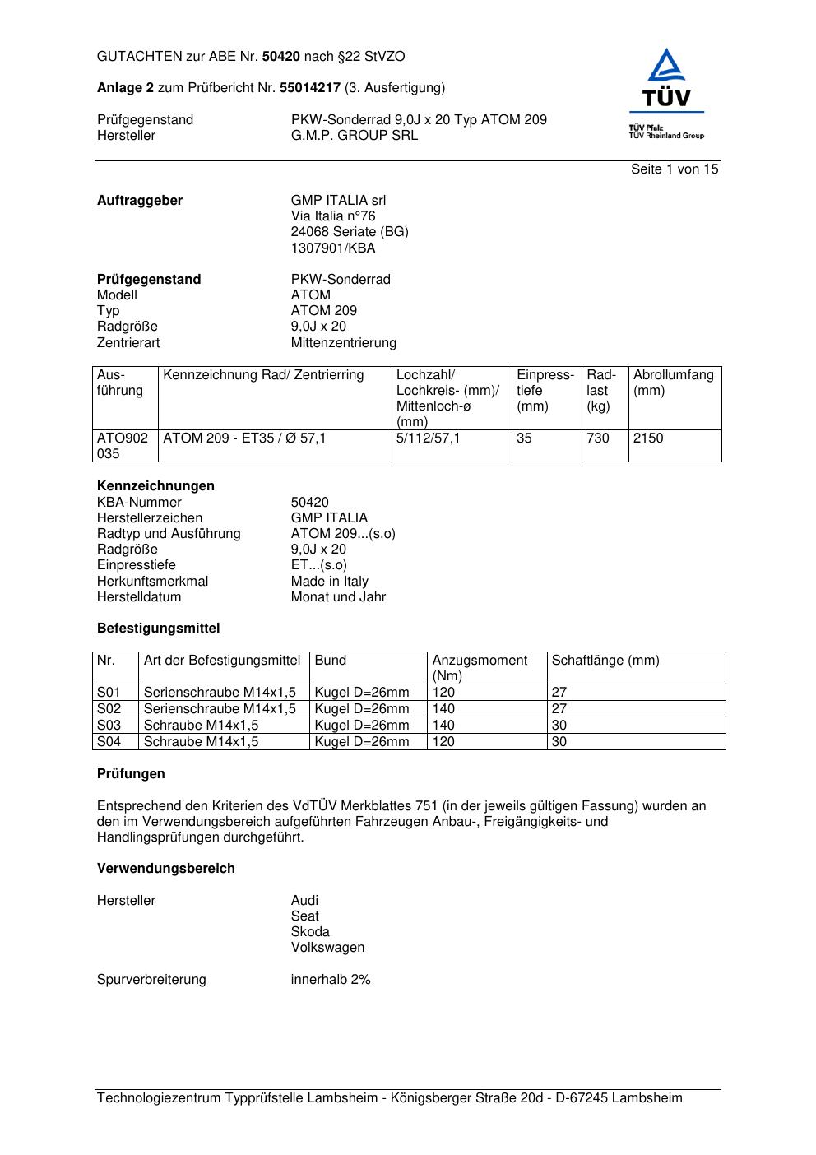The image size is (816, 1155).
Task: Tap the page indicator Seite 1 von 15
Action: click(x=675, y=169)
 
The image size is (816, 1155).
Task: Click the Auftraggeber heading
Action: click(x=140, y=201)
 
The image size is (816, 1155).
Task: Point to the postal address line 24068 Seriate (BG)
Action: click(x=350, y=232)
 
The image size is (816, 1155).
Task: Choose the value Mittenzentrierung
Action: click(x=343, y=343)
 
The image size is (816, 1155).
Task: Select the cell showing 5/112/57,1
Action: click(x=428, y=438)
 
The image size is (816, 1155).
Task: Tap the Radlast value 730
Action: click(x=598, y=438)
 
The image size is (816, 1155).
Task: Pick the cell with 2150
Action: click(x=648, y=438)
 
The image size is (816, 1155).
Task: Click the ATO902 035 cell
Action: click(x=123, y=446)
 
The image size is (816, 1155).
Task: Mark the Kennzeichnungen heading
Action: click(x=155, y=486)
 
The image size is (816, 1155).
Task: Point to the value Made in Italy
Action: click(x=329, y=582)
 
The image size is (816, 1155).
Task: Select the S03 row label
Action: click(x=109, y=726)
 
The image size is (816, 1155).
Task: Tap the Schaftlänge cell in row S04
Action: click(x=559, y=742)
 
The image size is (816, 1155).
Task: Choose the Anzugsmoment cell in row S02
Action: click(x=443, y=709)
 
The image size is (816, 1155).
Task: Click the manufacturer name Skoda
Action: click(x=310, y=932)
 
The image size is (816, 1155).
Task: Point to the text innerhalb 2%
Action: click(x=331, y=980)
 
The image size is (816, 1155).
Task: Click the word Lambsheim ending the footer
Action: click(x=647, y=1098)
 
